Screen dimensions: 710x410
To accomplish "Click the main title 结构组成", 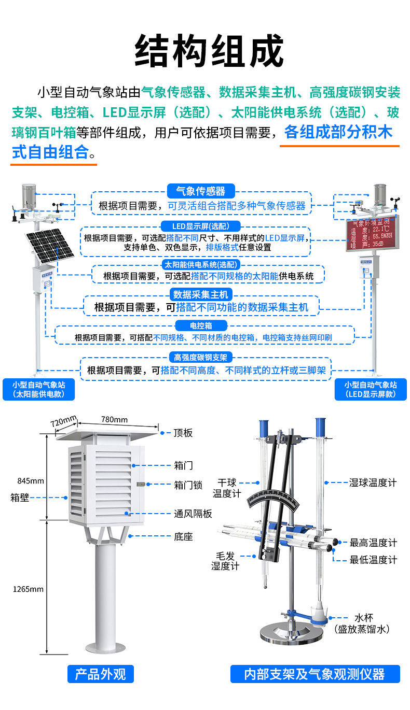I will tap(209, 51).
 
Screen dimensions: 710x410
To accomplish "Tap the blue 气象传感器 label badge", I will tap(201, 190).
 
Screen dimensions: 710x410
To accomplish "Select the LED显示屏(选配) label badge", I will tap(200, 226).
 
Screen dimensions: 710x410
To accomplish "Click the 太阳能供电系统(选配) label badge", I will tap(200, 264).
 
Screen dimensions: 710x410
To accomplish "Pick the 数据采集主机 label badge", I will tap(200, 294).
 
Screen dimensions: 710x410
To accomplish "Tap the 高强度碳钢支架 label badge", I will tap(200, 358).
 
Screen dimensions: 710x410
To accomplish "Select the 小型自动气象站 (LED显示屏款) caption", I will tap(371, 389).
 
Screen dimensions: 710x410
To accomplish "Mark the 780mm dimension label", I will tap(114, 419).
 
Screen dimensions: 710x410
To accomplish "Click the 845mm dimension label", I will tap(30, 480).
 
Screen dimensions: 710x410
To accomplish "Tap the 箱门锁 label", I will tap(187, 485).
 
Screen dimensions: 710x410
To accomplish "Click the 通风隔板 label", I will tap(193, 514).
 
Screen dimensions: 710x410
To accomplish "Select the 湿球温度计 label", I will tap(372, 482).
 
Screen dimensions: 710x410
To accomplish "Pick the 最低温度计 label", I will tap(373, 560).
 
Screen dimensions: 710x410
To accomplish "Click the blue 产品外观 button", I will tap(101, 674).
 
